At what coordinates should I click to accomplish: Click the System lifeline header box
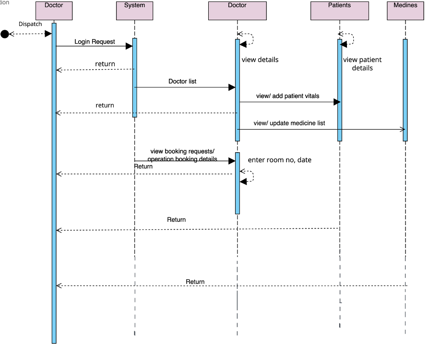[x=134, y=11]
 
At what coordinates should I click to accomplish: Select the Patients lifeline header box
[x=340, y=11]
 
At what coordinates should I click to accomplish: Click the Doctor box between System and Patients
[x=237, y=11]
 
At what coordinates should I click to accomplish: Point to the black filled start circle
[x=5, y=34]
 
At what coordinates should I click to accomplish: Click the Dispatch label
[x=30, y=24]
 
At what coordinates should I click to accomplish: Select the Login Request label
[x=95, y=42]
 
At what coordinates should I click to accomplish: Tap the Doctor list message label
[x=182, y=82]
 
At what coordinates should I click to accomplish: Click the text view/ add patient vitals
[x=287, y=96]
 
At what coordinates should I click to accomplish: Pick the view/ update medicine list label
[x=289, y=123]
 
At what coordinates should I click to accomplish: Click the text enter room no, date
[x=279, y=160]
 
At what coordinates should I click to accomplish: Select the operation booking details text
[x=182, y=159]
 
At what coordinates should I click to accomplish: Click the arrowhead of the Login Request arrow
[x=129, y=46]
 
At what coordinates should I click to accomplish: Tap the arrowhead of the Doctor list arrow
[x=232, y=87]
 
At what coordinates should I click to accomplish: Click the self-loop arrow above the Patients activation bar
[x=346, y=38]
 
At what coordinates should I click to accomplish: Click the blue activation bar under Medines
[x=405, y=90]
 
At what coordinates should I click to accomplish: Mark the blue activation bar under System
[x=135, y=77]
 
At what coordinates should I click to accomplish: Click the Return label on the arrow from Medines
[x=195, y=282]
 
